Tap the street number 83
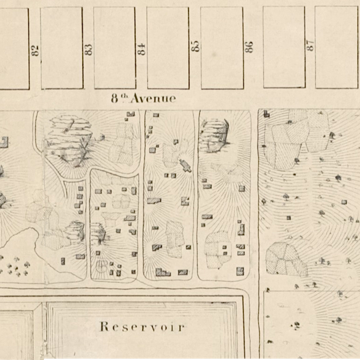point(88,49)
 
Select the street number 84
point(141,49)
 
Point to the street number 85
point(195,47)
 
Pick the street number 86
point(249,47)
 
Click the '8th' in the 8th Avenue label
point(119,98)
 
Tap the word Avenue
point(154,99)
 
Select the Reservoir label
point(141,327)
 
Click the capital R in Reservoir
point(103,327)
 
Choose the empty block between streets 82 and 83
point(61,47)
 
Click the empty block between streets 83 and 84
point(114,47)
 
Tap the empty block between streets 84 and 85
point(167,47)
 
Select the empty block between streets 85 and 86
point(221,47)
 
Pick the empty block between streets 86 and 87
point(283,47)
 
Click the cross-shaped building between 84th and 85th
point(185,165)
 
